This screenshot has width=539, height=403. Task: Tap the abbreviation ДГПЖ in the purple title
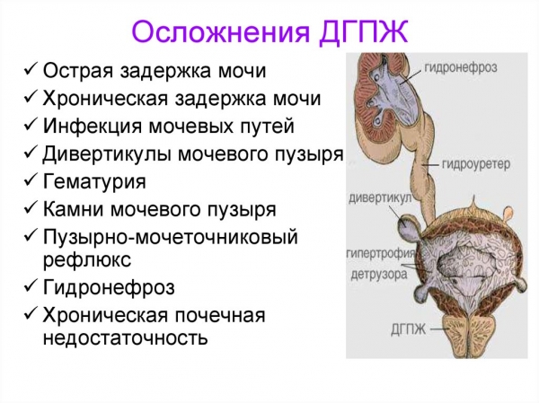(x=364, y=32)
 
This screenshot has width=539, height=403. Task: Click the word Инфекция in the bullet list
(x=92, y=126)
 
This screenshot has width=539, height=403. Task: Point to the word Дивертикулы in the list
(x=107, y=153)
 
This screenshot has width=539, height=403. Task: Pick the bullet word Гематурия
(x=94, y=181)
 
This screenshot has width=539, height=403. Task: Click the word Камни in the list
(x=74, y=209)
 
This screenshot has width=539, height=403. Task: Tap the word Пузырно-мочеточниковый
(x=170, y=237)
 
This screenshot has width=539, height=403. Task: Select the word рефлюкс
(x=87, y=258)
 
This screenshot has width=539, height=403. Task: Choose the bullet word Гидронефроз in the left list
(x=109, y=287)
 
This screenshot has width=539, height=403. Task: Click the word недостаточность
(x=125, y=337)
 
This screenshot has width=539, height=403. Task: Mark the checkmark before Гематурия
(x=31, y=181)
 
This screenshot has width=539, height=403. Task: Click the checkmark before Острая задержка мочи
(x=31, y=70)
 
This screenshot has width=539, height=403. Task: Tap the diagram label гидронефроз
(x=462, y=67)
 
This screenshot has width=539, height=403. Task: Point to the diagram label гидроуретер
(x=476, y=164)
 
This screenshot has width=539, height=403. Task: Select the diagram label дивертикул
(x=380, y=197)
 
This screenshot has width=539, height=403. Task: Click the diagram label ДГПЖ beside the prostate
(x=409, y=330)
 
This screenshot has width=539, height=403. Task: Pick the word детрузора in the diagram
(x=379, y=274)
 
